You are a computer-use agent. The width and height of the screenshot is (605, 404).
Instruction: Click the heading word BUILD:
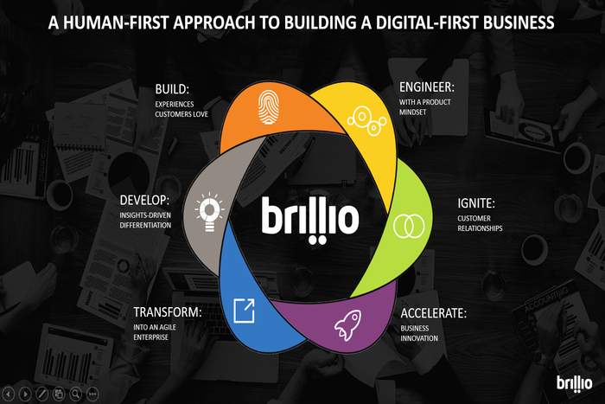(x=173, y=88)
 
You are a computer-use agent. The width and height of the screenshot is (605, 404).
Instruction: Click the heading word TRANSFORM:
(x=169, y=311)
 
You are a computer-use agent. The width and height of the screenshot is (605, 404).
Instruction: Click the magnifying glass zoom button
(x=76, y=393)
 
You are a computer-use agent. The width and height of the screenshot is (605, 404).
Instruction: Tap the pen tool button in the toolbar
(x=42, y=393)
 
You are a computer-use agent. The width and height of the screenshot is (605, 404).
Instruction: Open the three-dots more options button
(x=92, y=393)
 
